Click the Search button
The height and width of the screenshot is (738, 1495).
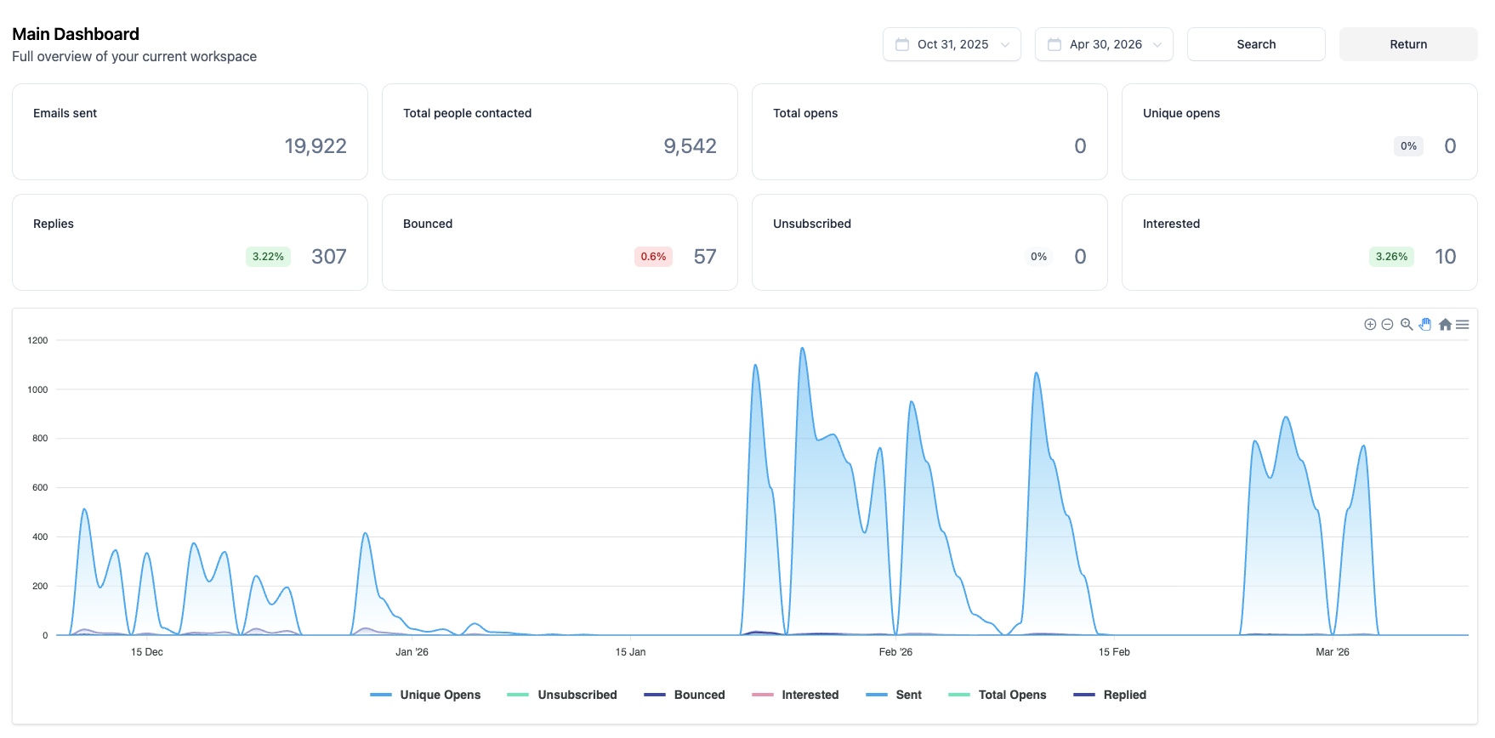[x=1256, y=44]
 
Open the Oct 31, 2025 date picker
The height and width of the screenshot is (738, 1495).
[x=952, y=44]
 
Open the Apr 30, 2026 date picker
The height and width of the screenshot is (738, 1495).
[x=1104, y=44]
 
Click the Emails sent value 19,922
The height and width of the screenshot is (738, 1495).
[x=315, y=146]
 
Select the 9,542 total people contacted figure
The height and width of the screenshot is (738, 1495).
[x=690, y=146]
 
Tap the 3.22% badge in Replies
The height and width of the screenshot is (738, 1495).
[x=268, y=257]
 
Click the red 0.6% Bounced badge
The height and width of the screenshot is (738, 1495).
[x=653, y=257]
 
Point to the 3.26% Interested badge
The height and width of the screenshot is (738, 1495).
[x=1391, y=257]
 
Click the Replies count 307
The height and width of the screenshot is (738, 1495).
[x=329, y=257]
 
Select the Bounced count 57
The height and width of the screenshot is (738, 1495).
[x=705, y=257]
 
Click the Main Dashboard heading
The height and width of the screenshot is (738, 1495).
[x=76, y=34]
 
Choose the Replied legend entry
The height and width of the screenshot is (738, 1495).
[x=1110, y=695]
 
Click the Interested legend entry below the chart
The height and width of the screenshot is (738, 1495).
[x=795, y=695]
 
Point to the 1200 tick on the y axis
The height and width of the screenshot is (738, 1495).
[x=38, y=340]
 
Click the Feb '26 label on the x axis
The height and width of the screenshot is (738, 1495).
[x=895, y=652]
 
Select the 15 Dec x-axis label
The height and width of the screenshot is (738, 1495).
[x=147, y=652]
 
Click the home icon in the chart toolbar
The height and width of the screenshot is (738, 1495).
[x=1445, y=324]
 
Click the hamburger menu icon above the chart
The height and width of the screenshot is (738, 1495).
[x=1463, y=324]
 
